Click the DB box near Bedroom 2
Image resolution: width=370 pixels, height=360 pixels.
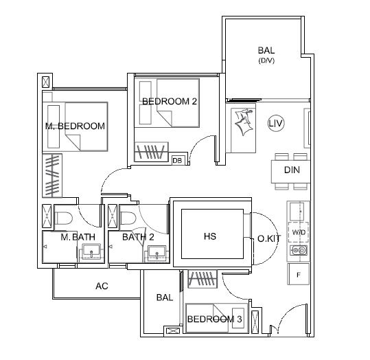click(177, 160)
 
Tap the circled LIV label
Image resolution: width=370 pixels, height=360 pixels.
click(276, 123)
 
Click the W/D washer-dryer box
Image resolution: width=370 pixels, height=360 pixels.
click(298, 232)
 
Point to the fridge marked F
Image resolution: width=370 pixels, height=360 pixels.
click(298, 274)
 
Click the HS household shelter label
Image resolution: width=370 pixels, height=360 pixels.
click(210, 236)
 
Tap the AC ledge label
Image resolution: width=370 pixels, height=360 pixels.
click(102, 286)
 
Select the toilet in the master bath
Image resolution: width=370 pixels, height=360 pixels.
click(63, 218)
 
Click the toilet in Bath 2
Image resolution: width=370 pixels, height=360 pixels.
click(129, 218)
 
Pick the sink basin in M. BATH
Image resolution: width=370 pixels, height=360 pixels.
click(91, 252)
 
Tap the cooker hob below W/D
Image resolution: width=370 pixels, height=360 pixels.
click(299, 250)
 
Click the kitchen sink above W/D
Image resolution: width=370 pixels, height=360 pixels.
click(297, 212)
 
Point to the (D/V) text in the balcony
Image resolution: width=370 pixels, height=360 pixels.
click(266, 60)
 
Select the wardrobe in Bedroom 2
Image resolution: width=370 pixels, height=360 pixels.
click(151, 152)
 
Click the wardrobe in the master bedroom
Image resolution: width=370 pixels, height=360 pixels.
click(52, 175)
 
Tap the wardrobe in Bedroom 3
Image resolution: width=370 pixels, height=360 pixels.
click(203, 279)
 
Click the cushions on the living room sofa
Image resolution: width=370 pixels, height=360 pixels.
click(244, 122)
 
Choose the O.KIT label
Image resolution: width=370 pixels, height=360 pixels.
click(269, 238)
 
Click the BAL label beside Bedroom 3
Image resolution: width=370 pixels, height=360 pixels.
click(165, 297)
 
